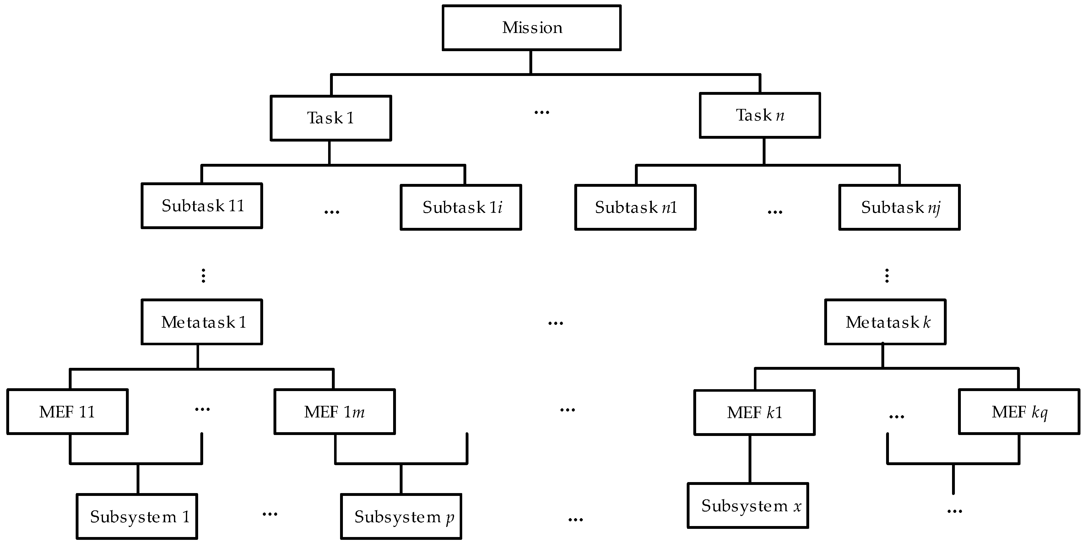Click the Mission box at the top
point(531,28)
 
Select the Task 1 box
point(331,118)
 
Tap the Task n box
point(760,115)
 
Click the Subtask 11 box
point(202,206)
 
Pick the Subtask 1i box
point(461,207)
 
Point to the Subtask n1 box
point(635,207)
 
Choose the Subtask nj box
point(899,207)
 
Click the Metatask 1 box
point(202,322)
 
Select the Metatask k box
point(885,322)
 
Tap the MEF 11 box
point(67,412)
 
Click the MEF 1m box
point(334,412)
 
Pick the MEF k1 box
point(754,412)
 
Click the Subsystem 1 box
point(137,516)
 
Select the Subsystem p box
point(401,516)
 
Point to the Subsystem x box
point(748,505)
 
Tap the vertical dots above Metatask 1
point(203,275)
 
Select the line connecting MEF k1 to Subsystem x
point(750,459)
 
